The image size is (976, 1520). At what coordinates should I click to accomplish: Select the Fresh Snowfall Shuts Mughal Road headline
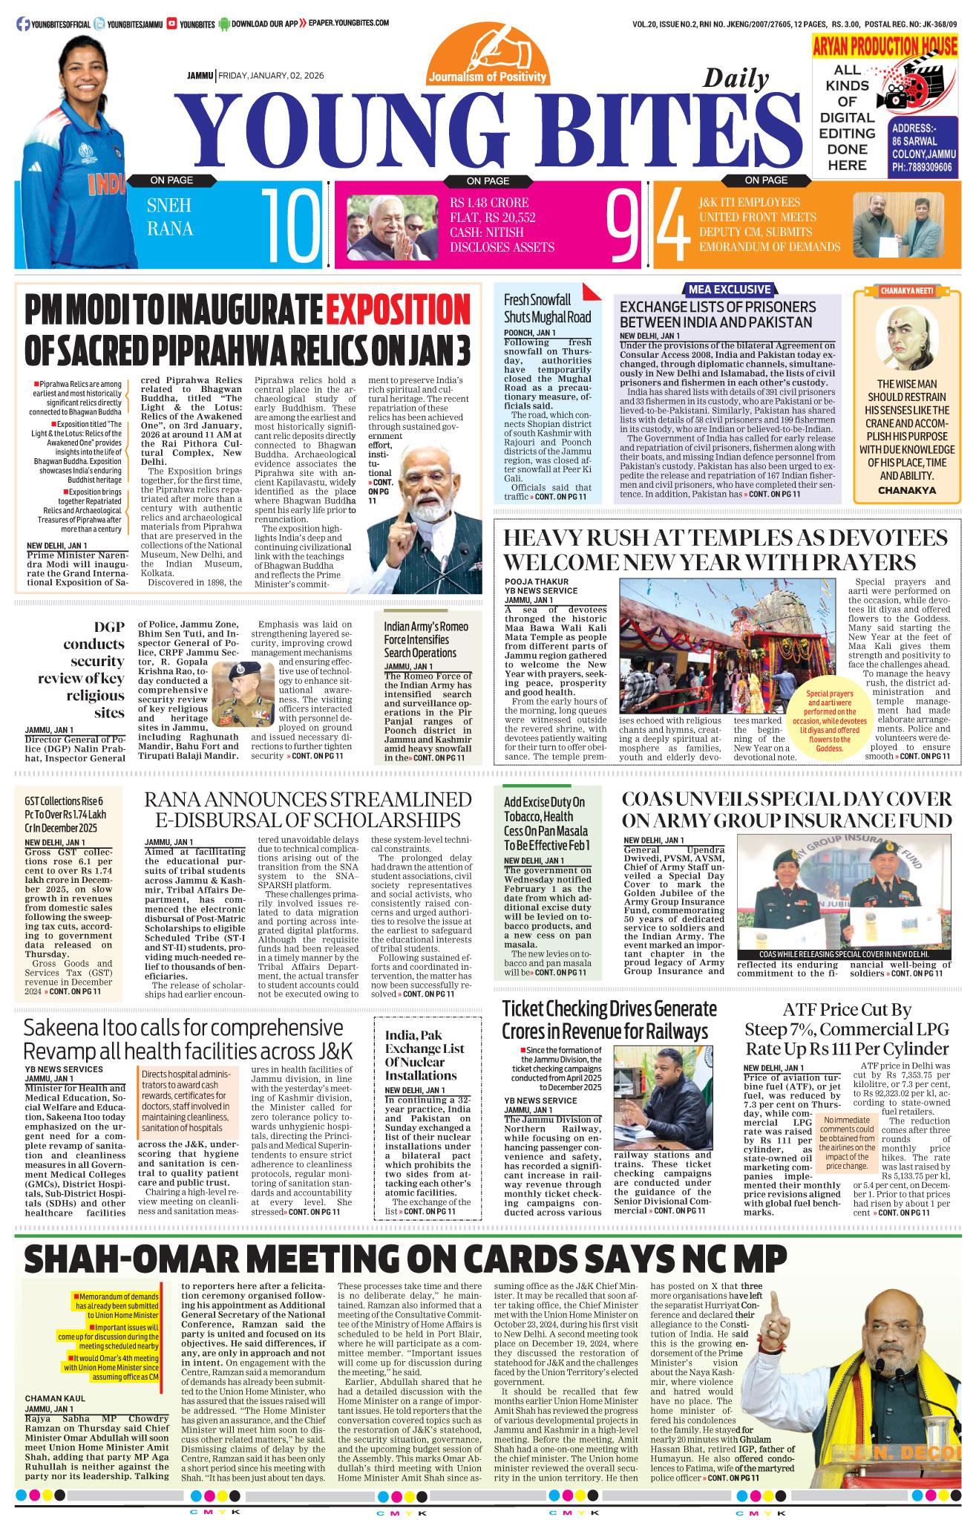[547, 308]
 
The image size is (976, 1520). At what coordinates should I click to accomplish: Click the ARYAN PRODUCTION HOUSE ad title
[885, 47]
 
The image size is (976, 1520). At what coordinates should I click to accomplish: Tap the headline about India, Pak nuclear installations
[425, 1055]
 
